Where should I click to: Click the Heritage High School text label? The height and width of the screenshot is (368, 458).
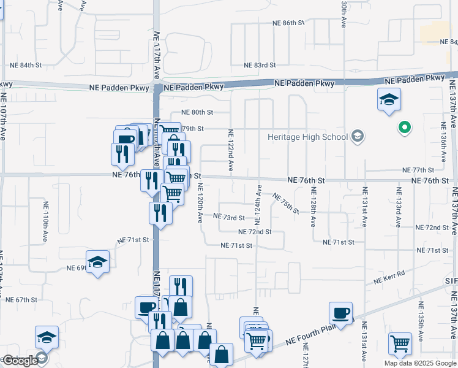coord(307,137)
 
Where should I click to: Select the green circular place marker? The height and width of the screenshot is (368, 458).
coord(404,128)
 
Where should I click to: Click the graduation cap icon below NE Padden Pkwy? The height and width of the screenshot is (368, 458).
coord(388,99)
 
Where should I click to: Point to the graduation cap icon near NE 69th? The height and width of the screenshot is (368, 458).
coord(98,263)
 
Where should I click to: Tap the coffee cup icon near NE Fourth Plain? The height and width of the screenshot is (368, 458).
coord(341,313)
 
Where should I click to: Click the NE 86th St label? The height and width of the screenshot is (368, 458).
coord(288,23)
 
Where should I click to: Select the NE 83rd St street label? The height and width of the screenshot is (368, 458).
coord(260,65)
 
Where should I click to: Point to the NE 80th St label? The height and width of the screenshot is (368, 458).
coord(197,112)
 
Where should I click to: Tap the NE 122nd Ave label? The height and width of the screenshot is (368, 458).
coord(231,150)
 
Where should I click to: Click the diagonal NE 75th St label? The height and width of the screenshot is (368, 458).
coord(286,204)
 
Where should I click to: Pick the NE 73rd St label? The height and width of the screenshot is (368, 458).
coord(229,217)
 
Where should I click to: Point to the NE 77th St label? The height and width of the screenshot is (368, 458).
coord(418,170)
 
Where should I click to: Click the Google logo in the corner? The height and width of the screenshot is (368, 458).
coord(20,361)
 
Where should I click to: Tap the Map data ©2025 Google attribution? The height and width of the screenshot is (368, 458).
coord(420,363)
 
